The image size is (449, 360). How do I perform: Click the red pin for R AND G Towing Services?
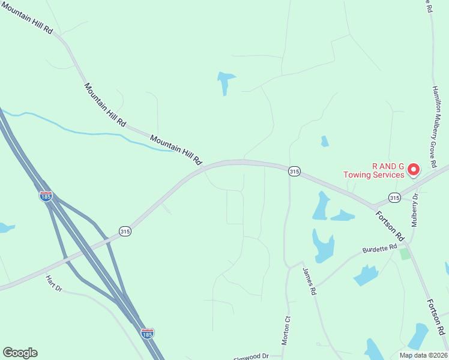(x=413, y=170)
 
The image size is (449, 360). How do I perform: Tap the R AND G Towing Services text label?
(x=373, y=170)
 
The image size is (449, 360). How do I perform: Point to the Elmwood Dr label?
(x=251, y=356)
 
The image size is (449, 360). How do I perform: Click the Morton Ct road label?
(x=286, y=330)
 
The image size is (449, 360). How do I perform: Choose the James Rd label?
(x=309, y=281)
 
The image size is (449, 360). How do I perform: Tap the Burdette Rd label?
(x=380, y=248)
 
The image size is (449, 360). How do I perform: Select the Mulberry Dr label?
(x=415, y=209)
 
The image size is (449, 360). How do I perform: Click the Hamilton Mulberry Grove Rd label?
(x=437, y=126)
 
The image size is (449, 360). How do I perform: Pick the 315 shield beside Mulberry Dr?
(x=394, y=197)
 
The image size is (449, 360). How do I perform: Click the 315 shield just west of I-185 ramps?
(x=124, y=232)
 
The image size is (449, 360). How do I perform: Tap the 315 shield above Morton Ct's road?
(x=294, y=172)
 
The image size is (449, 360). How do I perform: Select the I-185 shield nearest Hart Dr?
(x=46, y=196)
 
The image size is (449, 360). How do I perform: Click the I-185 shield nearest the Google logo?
(x=147, y=333)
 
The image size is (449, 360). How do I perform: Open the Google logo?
(x=20, y=353)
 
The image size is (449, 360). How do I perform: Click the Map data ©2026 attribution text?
(x=423, y=355)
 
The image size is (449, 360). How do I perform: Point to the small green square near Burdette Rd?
(x=405, y=254)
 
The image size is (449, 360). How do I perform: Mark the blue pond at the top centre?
(x=225, y=82)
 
